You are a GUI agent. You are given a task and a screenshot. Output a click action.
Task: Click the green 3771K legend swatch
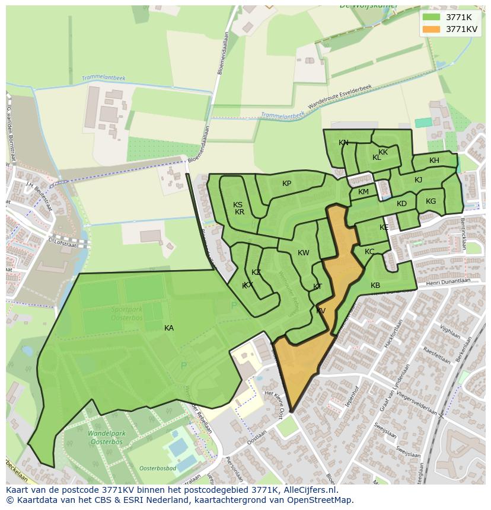[x=432, y=17]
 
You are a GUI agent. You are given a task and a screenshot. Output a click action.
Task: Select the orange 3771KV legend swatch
[x=432, y=29]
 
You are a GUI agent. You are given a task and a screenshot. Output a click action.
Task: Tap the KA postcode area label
[x=169, y=328]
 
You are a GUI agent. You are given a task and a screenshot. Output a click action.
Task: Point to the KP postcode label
[x=286, y=183]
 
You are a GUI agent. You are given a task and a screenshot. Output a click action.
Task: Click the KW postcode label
[x=304, y=253]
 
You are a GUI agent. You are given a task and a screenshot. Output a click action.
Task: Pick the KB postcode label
[x=375, y=286]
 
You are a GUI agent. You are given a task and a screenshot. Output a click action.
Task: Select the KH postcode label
[x=434, y=161]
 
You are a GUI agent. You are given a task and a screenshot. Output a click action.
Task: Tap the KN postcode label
[x=343, y=143]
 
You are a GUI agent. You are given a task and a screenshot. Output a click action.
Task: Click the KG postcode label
[x=431, y=201]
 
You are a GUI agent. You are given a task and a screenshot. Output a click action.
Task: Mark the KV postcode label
[x=321, y=310]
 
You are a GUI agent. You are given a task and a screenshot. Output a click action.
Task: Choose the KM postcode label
[x=364, y=192]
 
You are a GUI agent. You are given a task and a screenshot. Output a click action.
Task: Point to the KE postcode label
[x=384, y=227]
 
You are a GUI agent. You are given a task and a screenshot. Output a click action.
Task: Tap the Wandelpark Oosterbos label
[x=105, y=438]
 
